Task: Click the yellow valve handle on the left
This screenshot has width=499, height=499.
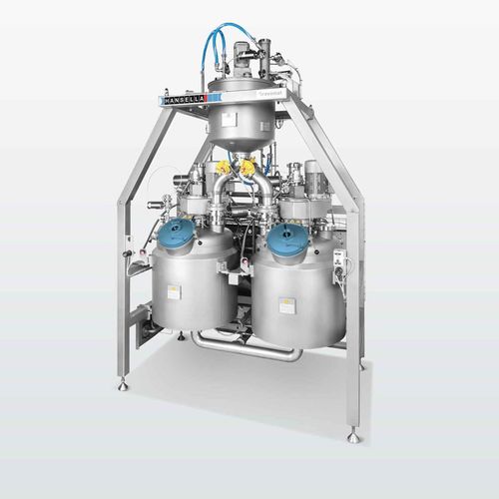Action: click(222, 168)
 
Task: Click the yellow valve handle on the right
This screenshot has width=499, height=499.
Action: click(247, 169)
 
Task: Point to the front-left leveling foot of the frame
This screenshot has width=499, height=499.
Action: click(122, 384)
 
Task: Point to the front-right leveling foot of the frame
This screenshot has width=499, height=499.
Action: click(353, 435)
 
